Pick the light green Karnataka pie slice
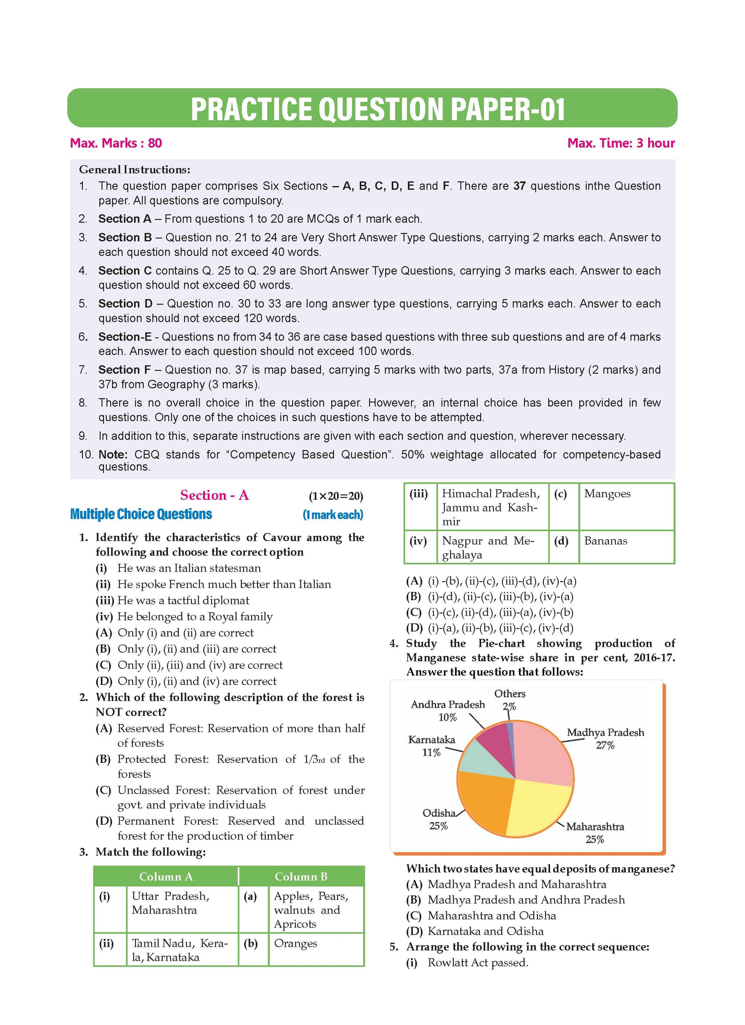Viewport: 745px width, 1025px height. coord(479,759)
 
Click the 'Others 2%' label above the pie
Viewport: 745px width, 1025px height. coord(510,700)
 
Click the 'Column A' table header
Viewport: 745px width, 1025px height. coord(166,877)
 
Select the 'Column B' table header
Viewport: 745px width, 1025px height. coord(301,877)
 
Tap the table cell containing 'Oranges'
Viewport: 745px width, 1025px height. coord(316,949)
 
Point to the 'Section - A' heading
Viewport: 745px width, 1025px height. coord(214,495)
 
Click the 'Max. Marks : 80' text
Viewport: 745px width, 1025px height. coord(116,143)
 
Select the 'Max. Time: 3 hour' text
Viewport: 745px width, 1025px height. coord(621,143)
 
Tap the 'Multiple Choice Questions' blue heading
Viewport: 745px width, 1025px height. coord(141,514)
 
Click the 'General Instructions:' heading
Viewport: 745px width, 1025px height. coord(135,170)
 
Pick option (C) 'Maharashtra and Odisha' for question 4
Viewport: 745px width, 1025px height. coord(491,916)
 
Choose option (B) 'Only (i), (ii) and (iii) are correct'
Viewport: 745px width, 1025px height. coord(196,649)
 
